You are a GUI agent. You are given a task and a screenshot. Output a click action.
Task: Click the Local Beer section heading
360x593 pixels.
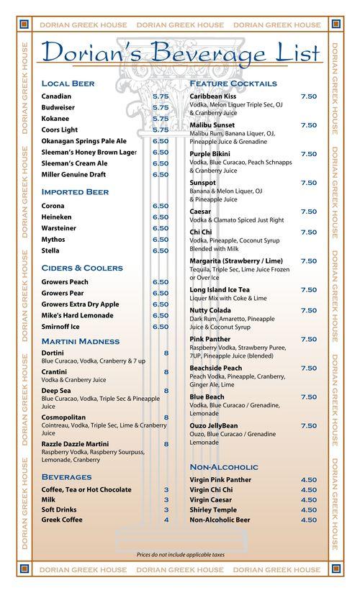click(x=68, y=83)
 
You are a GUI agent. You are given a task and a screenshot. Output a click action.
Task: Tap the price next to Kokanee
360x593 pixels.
click(x=161, y=119)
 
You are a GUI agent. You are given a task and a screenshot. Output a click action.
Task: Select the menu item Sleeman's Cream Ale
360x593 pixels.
click(x=75, y=163)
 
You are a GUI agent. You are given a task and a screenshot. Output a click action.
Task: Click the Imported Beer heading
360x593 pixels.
click(x=75, y=192)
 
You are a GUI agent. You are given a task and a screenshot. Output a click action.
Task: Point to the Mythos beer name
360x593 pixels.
click(x=53, y=239)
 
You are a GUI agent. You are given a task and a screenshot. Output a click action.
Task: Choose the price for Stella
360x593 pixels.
click(x=161, y=250)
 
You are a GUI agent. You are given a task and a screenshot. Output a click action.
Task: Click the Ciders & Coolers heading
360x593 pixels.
click(x=82, y=268)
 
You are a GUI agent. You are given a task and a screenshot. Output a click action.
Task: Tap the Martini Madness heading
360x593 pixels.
click(x=81, y=341)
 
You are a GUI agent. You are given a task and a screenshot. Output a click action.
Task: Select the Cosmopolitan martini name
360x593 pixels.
click(x=66, y=417)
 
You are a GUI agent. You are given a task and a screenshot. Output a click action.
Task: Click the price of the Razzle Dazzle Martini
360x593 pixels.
click(x=166, y=444)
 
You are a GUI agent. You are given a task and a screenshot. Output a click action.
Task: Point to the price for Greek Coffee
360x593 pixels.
click(x=166, y=519)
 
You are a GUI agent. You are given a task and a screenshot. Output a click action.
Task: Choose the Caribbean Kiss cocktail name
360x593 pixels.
click(x=213, y=96)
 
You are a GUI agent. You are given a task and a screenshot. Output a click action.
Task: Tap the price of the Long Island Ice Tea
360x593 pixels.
click(x=308, y=289)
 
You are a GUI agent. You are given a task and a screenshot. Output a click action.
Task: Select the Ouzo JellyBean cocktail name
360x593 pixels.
click(x=216, y=425)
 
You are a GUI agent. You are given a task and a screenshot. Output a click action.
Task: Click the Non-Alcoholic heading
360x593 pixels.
click(x=224, y=467)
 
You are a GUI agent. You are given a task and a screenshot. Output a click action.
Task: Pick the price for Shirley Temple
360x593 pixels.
click(x=308, y=509)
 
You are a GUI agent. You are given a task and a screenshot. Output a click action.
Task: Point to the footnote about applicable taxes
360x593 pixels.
click(x=180, y=556)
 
